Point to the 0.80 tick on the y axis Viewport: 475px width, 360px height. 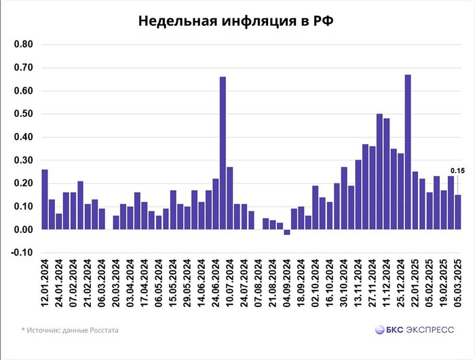(x=24, y=45)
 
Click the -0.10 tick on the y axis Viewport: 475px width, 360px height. (x=24, y=253)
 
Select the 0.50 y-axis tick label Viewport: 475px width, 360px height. (x=24, y=114)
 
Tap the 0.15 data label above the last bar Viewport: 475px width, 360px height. (x=457, y=170)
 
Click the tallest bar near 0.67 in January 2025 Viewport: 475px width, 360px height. (x=408, y=152)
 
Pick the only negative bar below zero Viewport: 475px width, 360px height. (x=286, y=232)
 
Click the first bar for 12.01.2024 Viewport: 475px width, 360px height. (x=45, y=200)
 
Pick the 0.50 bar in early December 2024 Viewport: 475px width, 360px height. (x=379, y=172)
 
